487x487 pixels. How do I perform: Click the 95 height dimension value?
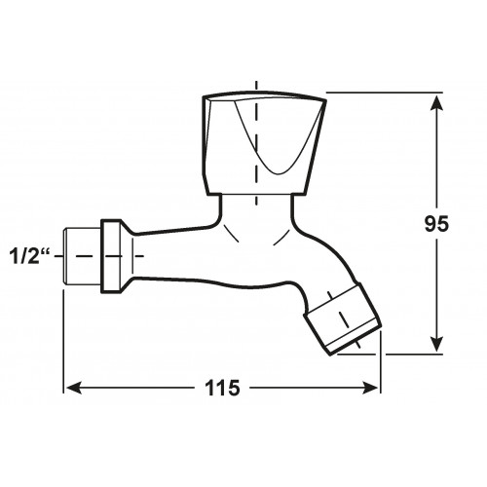click(436, 223)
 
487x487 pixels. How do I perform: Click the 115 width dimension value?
click(223, 388)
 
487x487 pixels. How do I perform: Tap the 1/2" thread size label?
click(29, 256)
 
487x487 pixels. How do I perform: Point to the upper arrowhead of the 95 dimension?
click(437, 104)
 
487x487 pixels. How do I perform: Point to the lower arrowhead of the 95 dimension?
click(437, 343)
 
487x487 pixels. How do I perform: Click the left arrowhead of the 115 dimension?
click(73, 388)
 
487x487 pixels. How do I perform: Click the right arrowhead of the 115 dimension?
click(369, 388)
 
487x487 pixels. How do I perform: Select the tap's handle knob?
click(264, 143)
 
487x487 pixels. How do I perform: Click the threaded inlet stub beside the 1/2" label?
click(82, 256)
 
